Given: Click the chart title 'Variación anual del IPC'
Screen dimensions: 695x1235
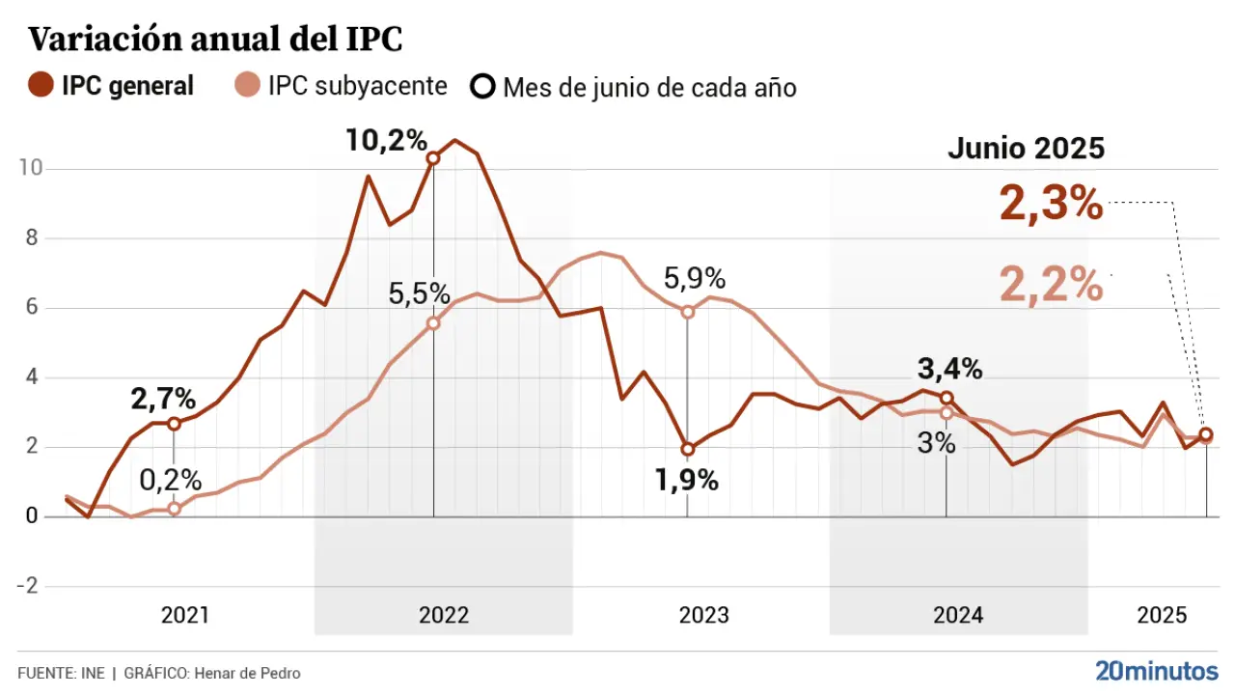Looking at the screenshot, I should [x=214, y=40].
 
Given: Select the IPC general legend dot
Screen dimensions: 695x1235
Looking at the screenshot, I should [x=41, y=86].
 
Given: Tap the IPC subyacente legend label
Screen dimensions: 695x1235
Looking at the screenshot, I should [x=357, y=86].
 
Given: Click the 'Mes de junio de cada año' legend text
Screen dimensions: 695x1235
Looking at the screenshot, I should [x=648, y=88].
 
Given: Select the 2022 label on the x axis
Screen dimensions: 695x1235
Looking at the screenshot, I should [x=444, y=616].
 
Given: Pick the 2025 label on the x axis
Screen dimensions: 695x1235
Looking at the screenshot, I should [x=1162, y=616].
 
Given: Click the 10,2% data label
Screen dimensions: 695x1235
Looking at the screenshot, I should [x=387, y=141].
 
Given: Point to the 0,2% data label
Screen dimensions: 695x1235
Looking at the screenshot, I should [x=171, y=480].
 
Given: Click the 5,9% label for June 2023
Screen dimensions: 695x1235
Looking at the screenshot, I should [x=694, y=280].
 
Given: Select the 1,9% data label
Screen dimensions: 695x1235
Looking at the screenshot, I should [x=687, y=481].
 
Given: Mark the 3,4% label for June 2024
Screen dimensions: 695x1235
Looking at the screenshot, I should [x=949, y=369].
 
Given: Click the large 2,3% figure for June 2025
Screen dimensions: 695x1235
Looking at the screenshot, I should [x=1051, y=205].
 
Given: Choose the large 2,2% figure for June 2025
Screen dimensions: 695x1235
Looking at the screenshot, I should [x=1051, y=285].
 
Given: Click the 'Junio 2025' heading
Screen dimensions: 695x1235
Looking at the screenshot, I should [x=1026, y=149].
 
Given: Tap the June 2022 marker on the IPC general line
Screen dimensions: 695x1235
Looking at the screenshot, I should [x=433, y=158].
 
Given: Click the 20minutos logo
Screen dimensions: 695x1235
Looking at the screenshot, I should [x=1157, y=671].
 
